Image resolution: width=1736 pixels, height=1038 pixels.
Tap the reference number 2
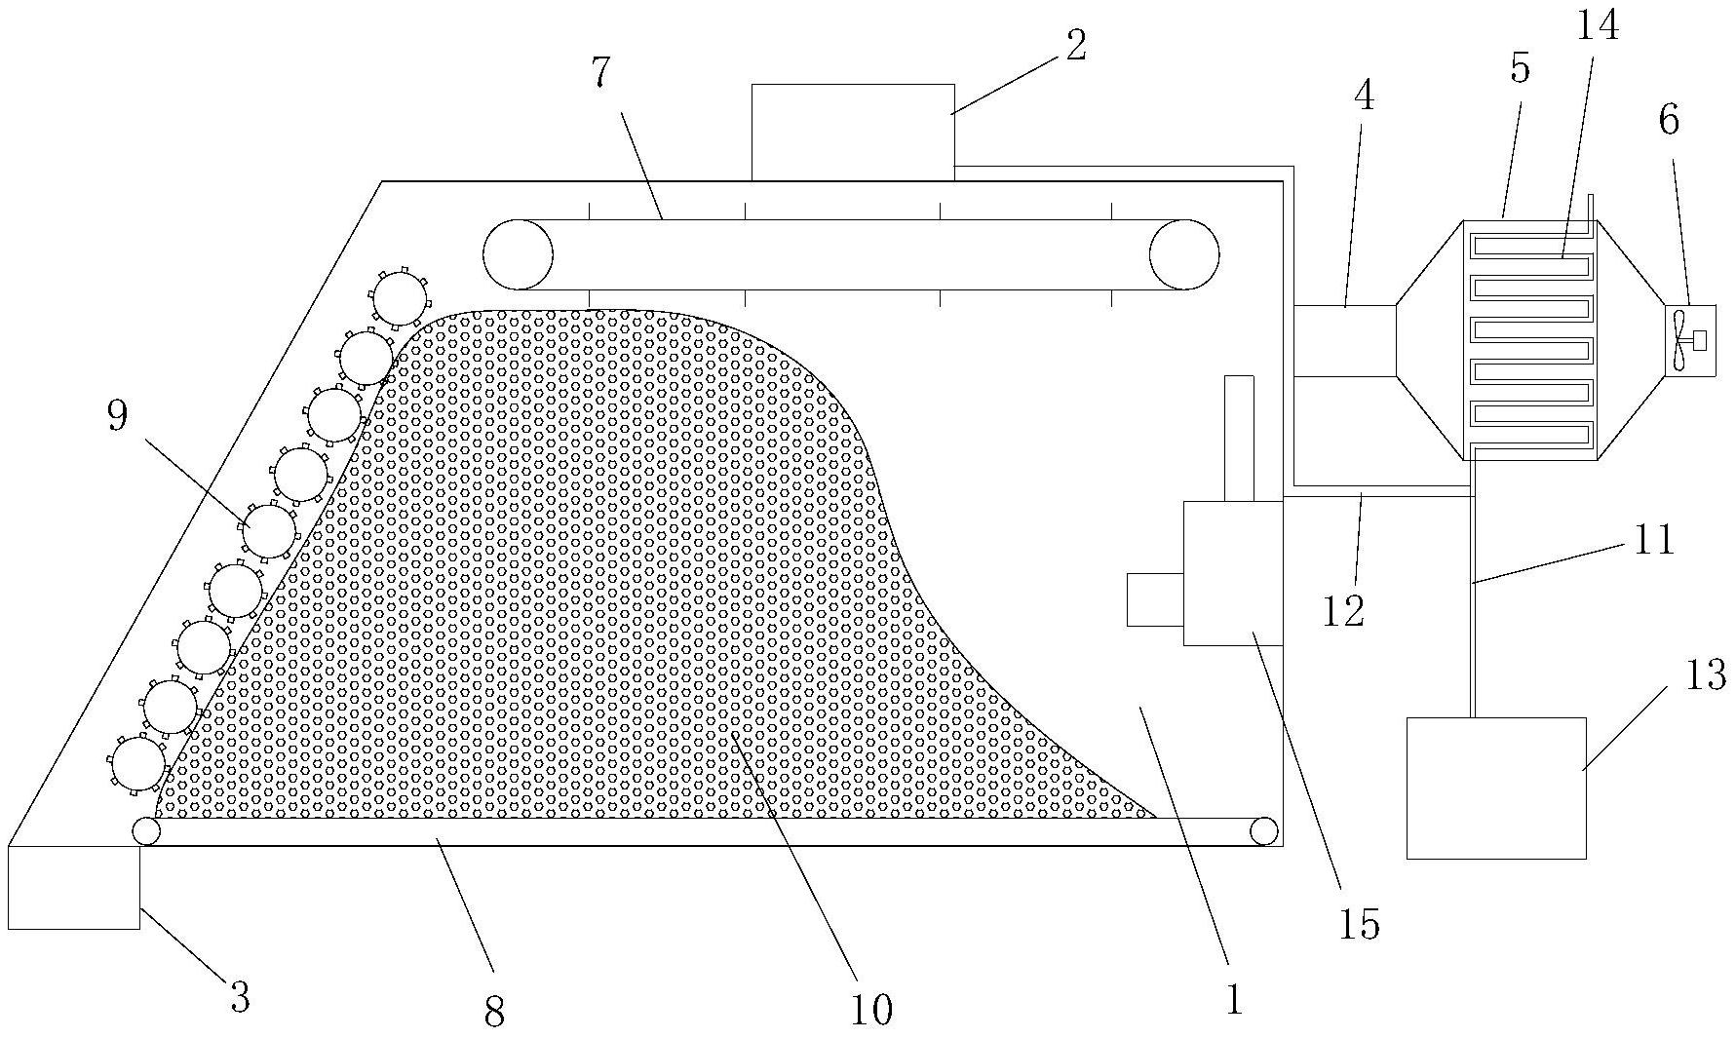click(x=1074, y=45)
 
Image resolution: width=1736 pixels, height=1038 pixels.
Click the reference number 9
click(x=117, y=416)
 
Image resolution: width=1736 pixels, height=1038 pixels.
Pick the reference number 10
click(x=870, y=1010)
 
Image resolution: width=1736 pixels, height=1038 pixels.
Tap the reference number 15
click(x=1359, y=924)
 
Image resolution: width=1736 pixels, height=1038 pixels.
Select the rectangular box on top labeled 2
click(x=852, y=133)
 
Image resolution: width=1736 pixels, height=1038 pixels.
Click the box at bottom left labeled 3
click(x=73, y=887)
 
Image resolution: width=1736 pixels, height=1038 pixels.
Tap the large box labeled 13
click(x=1495, y=788)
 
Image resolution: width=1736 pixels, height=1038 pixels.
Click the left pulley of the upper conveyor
click(x=518, y=254)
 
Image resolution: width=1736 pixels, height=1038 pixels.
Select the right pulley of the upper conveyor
click(x=1183, y=254)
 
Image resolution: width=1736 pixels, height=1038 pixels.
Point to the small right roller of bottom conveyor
click(x=1263, y=831)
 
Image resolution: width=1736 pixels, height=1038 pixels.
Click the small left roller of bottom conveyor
click(x=147, y=831)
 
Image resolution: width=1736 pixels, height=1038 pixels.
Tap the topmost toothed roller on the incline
click(x=400, y=297)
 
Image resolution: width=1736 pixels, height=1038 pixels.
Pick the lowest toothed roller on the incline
click(x=137, y=763)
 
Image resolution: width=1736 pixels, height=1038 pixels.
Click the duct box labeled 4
click(x=1344, y=341)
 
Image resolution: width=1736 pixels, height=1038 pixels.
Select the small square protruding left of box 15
click(x=1155, y=599)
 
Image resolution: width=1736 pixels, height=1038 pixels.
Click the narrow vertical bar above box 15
click(x=1238, y=438)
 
